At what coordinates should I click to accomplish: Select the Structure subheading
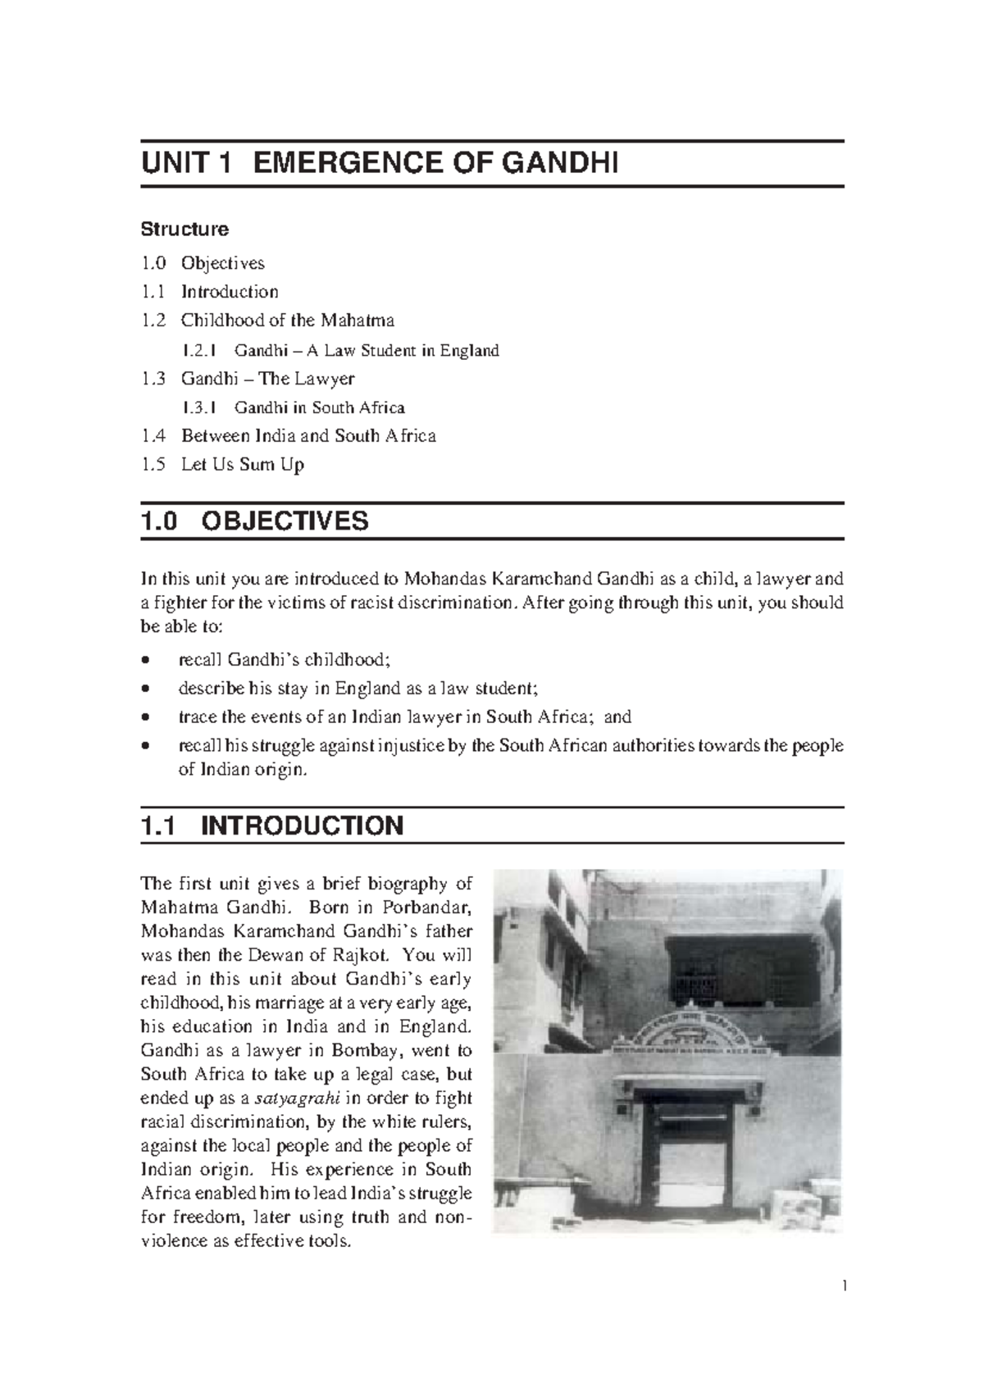click(x=184, y=229)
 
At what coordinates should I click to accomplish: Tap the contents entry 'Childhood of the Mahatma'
click(x=287, y=320)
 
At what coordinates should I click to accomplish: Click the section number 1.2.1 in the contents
click(x=199, y=351)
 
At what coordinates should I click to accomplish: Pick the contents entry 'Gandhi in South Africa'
click(x=319, y=407)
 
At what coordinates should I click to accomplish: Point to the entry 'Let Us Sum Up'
click(x=242, y=465)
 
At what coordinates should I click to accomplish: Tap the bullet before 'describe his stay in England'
click(x=145, y=689)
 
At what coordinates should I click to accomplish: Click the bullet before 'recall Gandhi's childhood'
click(x=145, y=660)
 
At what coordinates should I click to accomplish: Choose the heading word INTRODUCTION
click(x=302, y=826)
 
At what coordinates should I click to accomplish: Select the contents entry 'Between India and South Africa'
click(x=307, y=436)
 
